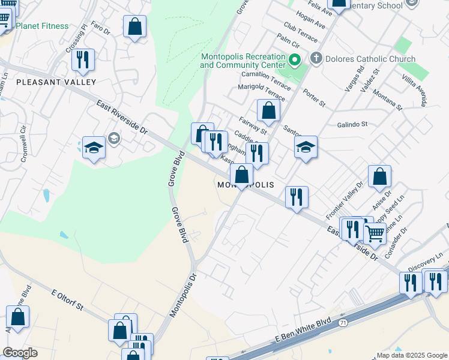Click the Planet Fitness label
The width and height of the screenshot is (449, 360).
pyautogui.click(x=42, y=26)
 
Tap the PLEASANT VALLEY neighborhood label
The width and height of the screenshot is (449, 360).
pyautogui.click(x=56, y=82)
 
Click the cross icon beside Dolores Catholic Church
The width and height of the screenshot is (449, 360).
pyautogui.click(x=316, y=59)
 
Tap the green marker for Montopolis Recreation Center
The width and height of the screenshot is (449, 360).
pyautogui.click(x=295, y=60)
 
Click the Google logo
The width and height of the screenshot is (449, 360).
pyautogui.click(x=20, y=353)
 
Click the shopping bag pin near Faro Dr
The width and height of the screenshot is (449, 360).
pyautogui.click(x=135, y=26)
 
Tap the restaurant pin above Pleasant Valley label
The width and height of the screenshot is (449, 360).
pyautogui.click(x=83, y=59)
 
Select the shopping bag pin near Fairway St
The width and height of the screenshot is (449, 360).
pyautogui.click(x=268, y=110)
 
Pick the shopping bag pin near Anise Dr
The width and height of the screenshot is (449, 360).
pyautogui.click(x=379, y=176)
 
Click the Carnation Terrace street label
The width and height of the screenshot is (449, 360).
pyautogui.click(x=265, y=78)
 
